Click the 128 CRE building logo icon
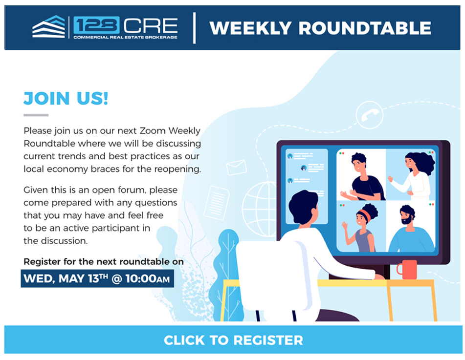(x=48, y=27)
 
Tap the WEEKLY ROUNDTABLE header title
(x=320, y=28)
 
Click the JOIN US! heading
(x=66, y=98)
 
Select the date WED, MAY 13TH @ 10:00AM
(x=97, y=278)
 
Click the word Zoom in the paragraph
(x=153, y=131)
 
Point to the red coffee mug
(x=407, y=269)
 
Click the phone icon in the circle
(x=369, y=115)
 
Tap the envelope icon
(x=236, y=168)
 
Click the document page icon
(x=217, y=203)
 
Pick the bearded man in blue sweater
(x=411, y=229)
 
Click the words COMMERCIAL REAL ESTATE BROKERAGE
(x=125, y=37)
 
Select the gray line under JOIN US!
(x=36, y=115)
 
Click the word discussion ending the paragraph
(x=65, y=241)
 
